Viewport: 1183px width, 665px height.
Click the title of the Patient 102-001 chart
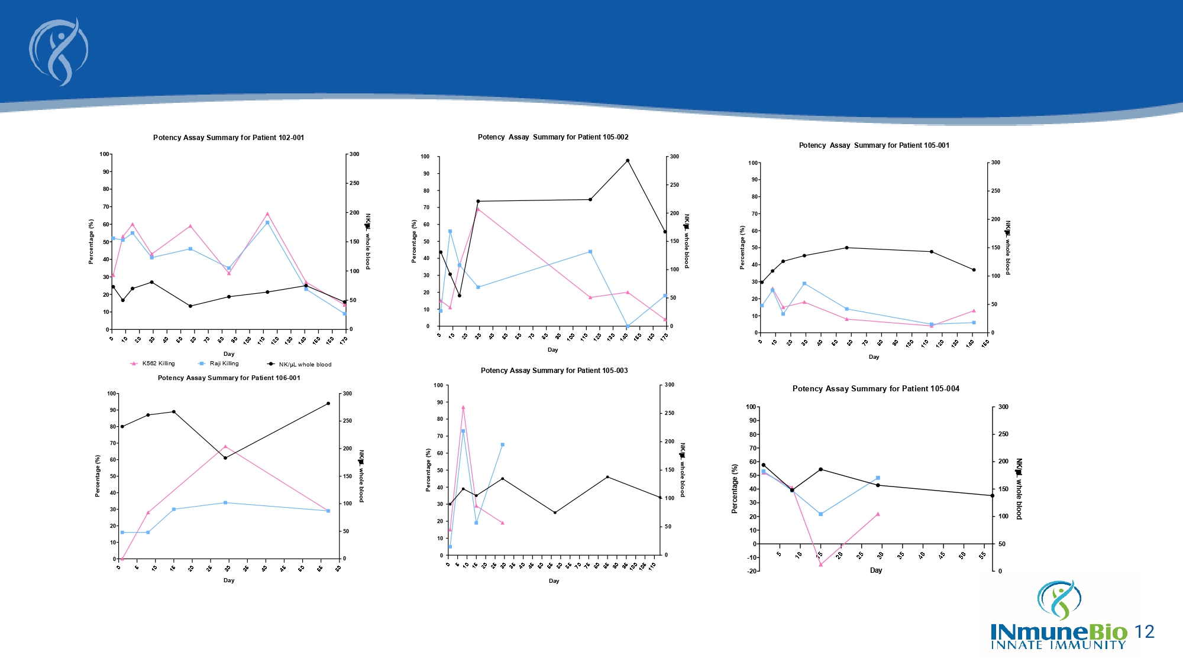(x=228, y=138)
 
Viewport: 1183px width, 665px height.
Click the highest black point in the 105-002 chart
(x=628, y=161)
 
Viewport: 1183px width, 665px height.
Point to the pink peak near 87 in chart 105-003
(x=463, y=407)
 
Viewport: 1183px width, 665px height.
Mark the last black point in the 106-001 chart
(x=328, y=404)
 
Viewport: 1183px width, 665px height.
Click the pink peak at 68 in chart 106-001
(x=225, y=446)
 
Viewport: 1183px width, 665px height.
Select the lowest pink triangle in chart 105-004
(x=820, y=565)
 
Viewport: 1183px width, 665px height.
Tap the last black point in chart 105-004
(x=993, y=496)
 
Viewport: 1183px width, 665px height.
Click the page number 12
(x=1145, y=632)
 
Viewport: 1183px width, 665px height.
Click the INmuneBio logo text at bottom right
(x=1059, y=632)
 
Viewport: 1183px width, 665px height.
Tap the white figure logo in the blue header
(x=59, y=52)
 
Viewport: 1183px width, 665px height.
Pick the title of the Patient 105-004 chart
(x=875, y=389)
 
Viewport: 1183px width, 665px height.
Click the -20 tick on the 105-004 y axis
(x=752, y=571)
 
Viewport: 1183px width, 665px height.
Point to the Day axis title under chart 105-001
(x=874, y=357)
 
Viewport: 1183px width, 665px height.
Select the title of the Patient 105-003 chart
(x=554, y=371)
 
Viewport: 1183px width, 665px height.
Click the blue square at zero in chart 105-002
(x=628, y=326)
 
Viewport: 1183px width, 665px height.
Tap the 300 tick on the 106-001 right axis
(x=347, y=394)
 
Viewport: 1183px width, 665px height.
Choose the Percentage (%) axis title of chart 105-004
(x=735, y=488)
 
